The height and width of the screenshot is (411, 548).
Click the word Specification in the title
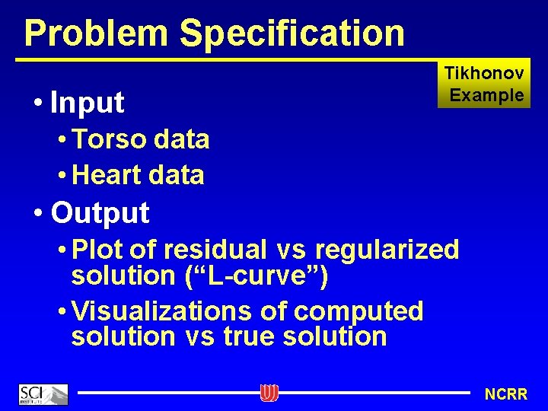click(293, 33)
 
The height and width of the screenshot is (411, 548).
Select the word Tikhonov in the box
click(484, 74)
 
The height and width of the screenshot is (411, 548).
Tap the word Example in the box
click(487, 95)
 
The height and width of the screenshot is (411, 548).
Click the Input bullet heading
click(87, 102)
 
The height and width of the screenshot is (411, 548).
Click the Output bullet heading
click(100, 212)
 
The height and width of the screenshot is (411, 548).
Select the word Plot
click(97, 249)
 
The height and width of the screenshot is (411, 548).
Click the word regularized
click(386, 249)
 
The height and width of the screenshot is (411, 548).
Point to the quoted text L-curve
click(256, 275)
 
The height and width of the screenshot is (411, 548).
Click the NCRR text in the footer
click(506, 394)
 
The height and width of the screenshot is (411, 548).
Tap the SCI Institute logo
click(43, 394)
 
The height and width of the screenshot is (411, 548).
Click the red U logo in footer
click(269, 393)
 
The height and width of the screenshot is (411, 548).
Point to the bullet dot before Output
click(38, 213)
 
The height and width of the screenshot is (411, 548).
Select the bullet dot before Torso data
click(62, 141)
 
